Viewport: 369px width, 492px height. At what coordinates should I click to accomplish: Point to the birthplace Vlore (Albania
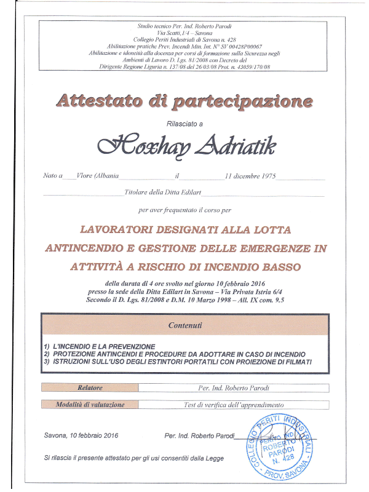98,176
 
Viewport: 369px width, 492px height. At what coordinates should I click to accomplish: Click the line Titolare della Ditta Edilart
162,192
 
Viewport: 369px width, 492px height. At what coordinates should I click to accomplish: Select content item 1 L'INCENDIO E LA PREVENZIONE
102,346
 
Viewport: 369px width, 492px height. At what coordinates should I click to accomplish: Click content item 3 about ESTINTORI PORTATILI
178,362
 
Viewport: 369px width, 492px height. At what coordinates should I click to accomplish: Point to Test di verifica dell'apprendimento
234,405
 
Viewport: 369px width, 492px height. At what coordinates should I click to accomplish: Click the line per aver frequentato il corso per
185,210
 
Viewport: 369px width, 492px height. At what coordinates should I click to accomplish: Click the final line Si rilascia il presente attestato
133,458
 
